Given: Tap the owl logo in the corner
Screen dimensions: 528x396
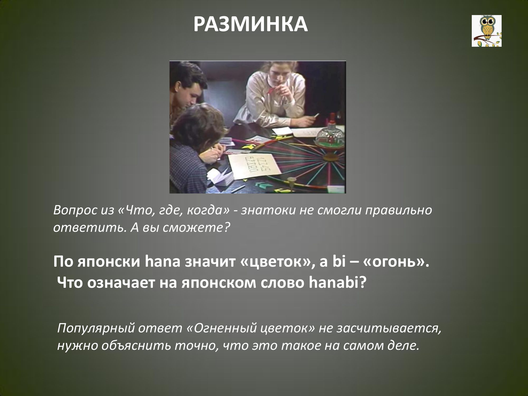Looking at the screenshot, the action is [x=487, y=31].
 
